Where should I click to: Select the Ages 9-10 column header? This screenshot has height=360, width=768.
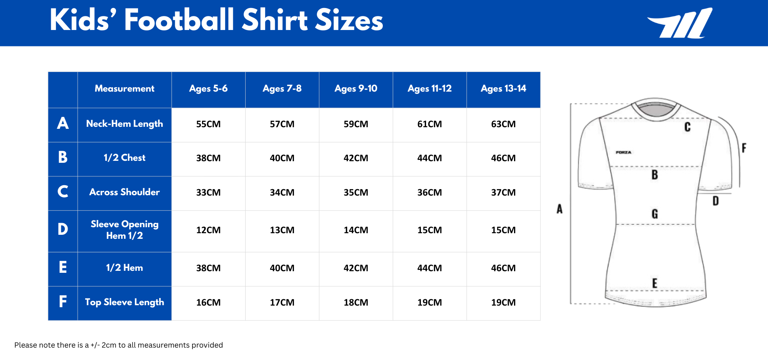(x=356, y=89)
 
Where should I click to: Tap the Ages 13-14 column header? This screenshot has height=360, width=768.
(x=503, y=89)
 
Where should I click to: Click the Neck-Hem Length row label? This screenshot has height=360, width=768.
(x=124, y=124)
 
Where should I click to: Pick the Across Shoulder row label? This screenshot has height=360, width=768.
(x=124, y=192)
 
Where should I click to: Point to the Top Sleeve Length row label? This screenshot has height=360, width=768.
(x=124, y=302)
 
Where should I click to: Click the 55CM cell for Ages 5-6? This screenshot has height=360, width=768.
(x=208, y=124)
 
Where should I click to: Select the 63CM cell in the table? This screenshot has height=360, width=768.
(x=503, y=124)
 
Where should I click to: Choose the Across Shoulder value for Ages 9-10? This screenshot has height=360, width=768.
(x=356, y=193)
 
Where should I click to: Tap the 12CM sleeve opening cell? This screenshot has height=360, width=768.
(x=208, y=230)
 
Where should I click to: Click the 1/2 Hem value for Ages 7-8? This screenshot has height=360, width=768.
(x=282, y=268)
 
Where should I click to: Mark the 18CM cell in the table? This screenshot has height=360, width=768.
(x=356, y=303)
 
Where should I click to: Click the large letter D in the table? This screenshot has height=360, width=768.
(x=63, y=230)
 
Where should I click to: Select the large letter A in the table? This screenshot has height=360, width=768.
(x=63, y=123)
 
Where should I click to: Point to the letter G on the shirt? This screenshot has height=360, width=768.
(x=655, y=214)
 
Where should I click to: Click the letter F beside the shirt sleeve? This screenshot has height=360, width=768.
(x=744, y=148)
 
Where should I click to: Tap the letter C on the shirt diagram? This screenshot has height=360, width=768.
(x=687, y=127)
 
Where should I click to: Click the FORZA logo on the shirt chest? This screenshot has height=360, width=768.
(x=623, y=152)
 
